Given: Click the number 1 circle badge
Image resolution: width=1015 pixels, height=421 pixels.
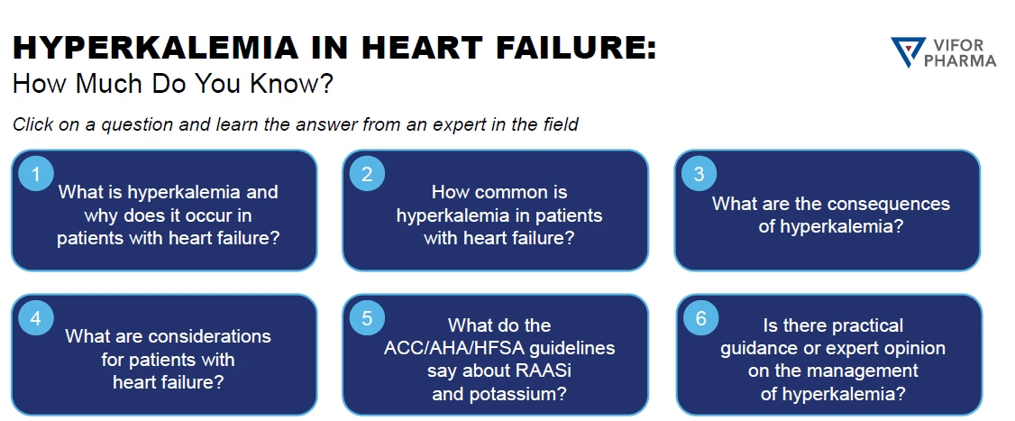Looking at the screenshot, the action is pos(36,174).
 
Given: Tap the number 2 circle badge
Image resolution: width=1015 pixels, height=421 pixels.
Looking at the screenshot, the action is pos(367,174).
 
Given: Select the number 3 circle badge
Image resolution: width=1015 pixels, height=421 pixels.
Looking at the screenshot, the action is pos(700,174).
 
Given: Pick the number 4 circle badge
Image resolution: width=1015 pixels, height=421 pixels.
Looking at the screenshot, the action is pos(36,318).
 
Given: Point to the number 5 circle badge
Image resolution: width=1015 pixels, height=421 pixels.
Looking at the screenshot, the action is pos(367,318).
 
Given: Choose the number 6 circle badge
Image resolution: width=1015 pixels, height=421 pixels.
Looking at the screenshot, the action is pos(700,318).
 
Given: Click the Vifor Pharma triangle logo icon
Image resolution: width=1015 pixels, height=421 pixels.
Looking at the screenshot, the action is pos(908,51).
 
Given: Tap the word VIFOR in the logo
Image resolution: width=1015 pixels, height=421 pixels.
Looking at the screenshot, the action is pos(959,45).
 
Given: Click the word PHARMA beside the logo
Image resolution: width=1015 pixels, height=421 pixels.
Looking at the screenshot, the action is pos(960,61).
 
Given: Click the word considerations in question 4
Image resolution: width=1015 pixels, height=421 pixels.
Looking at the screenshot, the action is pos(210,336).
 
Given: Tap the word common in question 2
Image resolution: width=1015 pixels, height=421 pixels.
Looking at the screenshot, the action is pos(511,192).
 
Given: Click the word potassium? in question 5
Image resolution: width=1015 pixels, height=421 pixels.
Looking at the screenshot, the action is pos(523,394).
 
